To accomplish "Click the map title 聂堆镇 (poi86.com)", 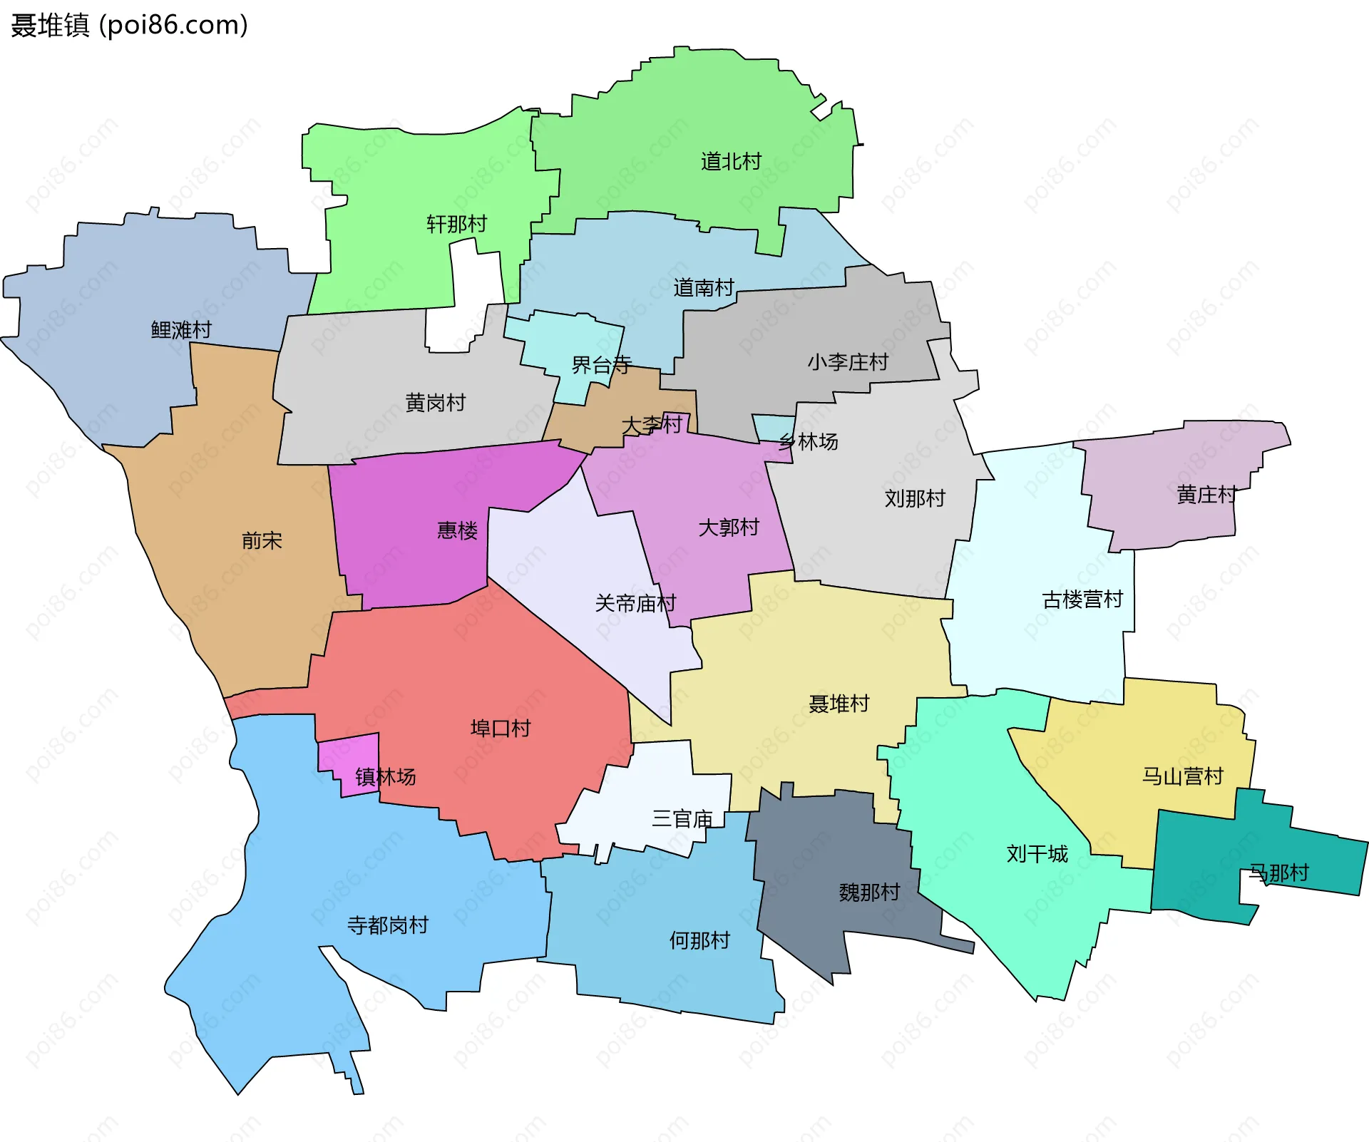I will click(x=129, y=25).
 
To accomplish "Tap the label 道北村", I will click(x=731, y=162).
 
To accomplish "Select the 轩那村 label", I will click(x=456, y=225).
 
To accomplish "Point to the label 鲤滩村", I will click(x=181, y=330).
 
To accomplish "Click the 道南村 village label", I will click(x=704, y=288).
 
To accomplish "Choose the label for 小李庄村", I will click(x=848, y=362).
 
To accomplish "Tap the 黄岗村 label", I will click(x=435, y=403).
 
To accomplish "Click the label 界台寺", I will click(x=601, y=366).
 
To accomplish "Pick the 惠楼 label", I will click(x=457, y=530).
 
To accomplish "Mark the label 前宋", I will click(x=262, y=540).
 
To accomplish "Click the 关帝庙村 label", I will click(x=635, y=604).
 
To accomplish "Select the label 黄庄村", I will click(x=1206, y=495).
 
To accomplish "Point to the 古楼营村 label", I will click(x=1082, y=600).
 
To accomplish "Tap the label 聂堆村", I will click(x=839, y=704).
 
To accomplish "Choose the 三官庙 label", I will click(x=682, y=819).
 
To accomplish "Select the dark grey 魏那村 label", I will click(x=869, y=892).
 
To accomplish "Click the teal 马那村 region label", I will click(x=1278, y=873).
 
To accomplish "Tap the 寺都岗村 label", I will click(x=387, y=925).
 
